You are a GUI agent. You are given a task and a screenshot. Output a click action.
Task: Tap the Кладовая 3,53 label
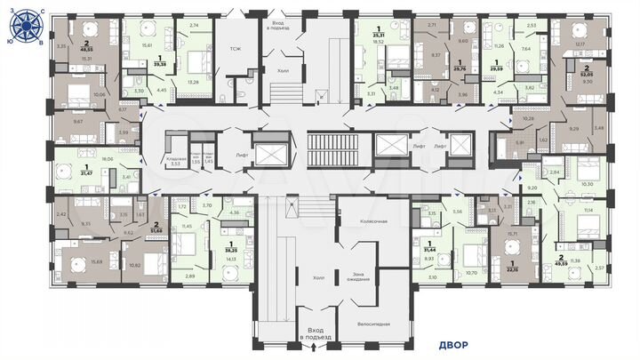[175, 161]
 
